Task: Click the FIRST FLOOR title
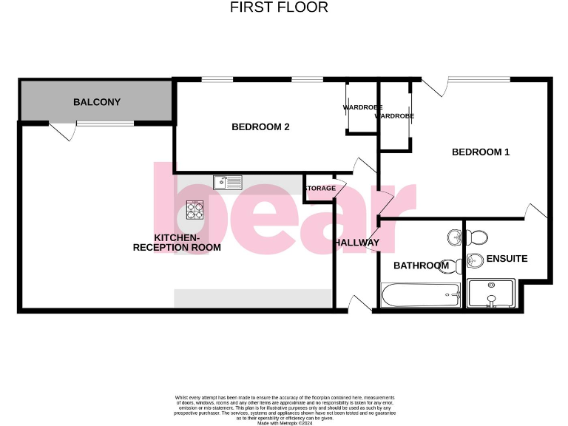coord(279,7)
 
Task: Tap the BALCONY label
coord(97,102)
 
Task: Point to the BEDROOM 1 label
coord(481,152)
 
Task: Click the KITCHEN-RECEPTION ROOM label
coord(177,243)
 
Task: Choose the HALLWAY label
coord(356,243)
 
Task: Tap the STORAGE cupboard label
coord(319,189)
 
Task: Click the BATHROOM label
coord(421,266)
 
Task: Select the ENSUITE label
coord(507,259)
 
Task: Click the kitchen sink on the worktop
coord(228,181)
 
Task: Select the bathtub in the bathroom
coord(420,295)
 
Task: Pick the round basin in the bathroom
coord(454,238)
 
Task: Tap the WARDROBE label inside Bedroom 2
coord(359,108)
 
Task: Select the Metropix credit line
coord(285,422)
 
